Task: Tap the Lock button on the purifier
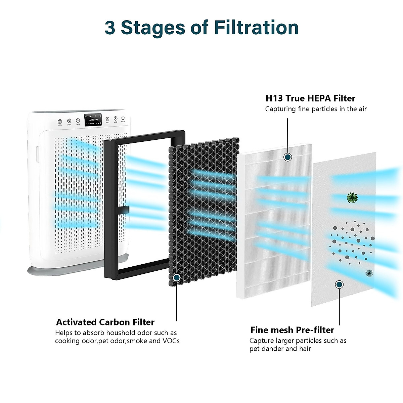pos(60,121)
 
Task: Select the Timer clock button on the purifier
pos(78,120)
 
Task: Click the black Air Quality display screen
pos(93,120)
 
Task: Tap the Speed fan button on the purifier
pos(107,119)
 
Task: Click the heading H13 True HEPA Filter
pos(310,98)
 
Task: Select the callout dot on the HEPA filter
pos(287,157)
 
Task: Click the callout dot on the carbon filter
pos(177,277)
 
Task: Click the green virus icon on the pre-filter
pos(352,198)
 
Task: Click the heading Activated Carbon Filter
pos(105,322)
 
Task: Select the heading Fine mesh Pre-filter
pos(292,330)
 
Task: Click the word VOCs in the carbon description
pos(171,341)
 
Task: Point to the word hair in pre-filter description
pos(305,349)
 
